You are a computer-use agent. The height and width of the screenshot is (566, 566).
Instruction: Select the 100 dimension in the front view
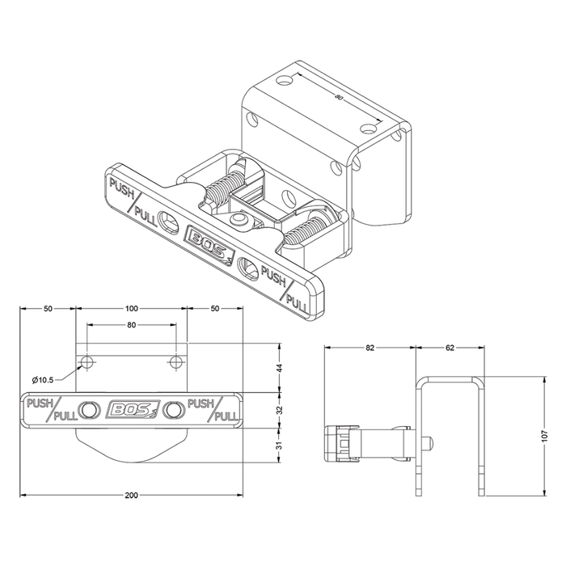[x=132, y=309]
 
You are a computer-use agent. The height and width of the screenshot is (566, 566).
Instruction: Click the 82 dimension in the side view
[x=370, y=348]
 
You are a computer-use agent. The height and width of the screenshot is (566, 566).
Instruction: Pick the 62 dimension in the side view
[x=450, y=348]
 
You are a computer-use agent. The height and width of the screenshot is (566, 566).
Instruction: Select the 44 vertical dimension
[x=279, y=368]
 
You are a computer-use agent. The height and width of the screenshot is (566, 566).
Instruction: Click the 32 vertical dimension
[x=279, y=410]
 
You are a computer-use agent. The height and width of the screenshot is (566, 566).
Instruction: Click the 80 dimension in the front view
[x=131, y=325]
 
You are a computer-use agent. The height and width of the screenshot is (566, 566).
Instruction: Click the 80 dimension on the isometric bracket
[x=338, y=97]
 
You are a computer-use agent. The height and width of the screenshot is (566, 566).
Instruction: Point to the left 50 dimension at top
[x=48, y=309]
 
